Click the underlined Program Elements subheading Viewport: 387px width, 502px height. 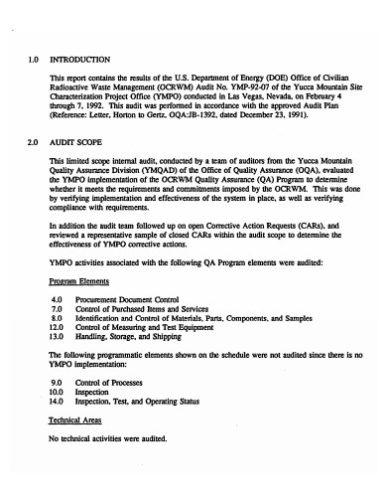[x=78, y=281]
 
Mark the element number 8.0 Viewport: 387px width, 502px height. [x=57, y=317]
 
